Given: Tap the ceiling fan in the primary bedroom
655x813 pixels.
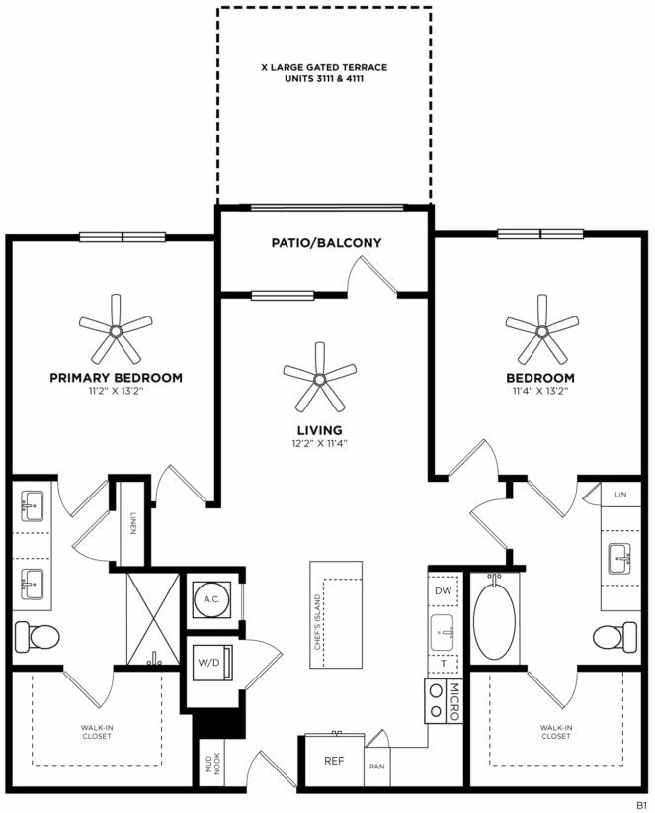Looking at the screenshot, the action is [116, 330].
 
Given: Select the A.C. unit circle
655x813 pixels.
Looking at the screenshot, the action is [211, 599].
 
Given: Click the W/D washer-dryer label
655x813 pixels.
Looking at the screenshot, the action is [208, 662].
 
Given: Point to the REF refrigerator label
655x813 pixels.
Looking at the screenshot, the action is [335, 761].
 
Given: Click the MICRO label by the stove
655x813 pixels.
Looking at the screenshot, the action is [454, 701].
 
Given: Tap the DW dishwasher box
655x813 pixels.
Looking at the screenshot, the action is [444, 590].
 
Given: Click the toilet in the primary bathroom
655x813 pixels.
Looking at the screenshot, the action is [37, 636].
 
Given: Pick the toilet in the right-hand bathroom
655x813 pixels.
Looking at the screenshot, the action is [615, 637].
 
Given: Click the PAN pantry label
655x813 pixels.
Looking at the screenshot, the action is [377, 767].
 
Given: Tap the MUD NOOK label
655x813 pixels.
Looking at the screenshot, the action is [212, 764].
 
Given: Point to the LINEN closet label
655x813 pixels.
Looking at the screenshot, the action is [132, 522].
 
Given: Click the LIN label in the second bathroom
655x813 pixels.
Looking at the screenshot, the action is [620, 495].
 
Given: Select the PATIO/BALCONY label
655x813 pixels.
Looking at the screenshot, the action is [327, 242].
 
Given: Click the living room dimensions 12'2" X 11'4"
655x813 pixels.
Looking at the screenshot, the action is [319, 443].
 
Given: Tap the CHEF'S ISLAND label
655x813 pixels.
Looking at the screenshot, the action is [317, 622].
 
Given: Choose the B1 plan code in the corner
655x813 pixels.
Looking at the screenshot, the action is [641, 805].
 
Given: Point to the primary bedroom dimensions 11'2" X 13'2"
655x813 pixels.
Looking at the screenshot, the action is [116, 391].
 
